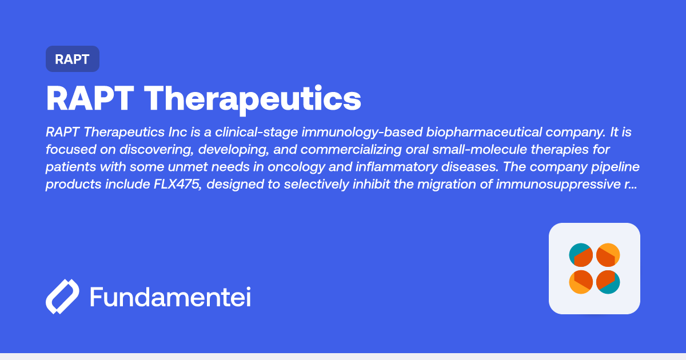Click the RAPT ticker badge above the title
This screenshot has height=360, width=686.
[73, 59]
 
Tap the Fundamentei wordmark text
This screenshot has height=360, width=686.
[170, 297]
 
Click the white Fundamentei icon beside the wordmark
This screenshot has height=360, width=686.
[62, 297]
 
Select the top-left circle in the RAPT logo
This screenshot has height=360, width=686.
[581, 255]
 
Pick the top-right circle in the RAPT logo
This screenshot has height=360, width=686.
[608, 255]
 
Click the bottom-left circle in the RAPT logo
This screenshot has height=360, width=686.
[581, 282]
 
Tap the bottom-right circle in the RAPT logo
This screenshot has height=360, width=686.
[608, 282]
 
